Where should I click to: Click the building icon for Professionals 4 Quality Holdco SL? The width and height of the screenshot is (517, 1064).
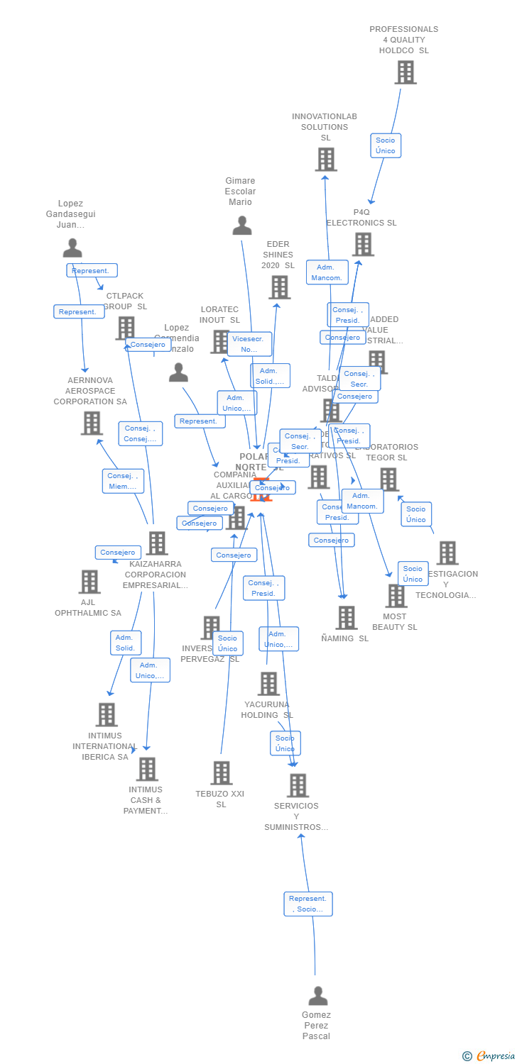pyautogui.click(x=406, y=72)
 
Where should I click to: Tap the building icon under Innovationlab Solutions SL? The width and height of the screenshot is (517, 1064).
pyautogui.click(x=326, y=160)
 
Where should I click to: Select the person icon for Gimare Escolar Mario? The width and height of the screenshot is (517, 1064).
pyautogui.click(x=242, y=226)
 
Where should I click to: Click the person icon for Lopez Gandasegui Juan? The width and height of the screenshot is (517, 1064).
pyautogui.click(x=72, y=248)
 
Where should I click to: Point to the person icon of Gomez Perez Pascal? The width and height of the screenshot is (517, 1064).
pyautogui.click(x=318, y=995)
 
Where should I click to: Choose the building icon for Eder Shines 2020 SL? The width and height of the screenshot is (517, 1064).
pyautogui.click(x=280, y=287)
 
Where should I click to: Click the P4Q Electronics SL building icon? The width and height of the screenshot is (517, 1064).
pyautogui.click(x=363, y=244)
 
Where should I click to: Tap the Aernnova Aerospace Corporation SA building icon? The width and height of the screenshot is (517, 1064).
pyautogui.click(x=92, y=423)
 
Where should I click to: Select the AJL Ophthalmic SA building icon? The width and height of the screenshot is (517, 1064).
pyautogui.click(x=89, y=582)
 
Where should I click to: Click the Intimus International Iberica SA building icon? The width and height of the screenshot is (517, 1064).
pyautogui.click(x=107, y=714)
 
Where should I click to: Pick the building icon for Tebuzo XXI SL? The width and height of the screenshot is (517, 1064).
pyautogui.click(x=222, y=773)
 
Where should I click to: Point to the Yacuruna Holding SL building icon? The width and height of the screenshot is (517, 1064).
pyautogui.click(x=268, y=684)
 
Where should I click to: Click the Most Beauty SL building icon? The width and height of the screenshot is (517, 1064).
pyautogui.click(x=396, y=596)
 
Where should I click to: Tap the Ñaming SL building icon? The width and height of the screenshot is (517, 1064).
pyautogui.click(x=347, y=618)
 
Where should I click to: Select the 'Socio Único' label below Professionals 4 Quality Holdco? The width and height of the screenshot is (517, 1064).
pyautogui.click(x=386, y=145)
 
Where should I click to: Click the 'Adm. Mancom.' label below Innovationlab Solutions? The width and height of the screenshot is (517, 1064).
pyautogui.click(x=327, y=272)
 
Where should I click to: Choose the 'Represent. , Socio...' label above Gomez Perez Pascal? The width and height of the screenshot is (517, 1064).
pyautogui.click(x=308, y=904)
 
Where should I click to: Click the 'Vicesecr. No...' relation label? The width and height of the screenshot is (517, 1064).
pyautogui.click(x=249, y=344)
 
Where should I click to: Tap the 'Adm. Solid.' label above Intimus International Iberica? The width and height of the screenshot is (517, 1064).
pyautogui.click(x=126, y=643)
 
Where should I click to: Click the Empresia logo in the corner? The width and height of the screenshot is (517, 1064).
pyautogui.click(x=489, y=1056)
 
